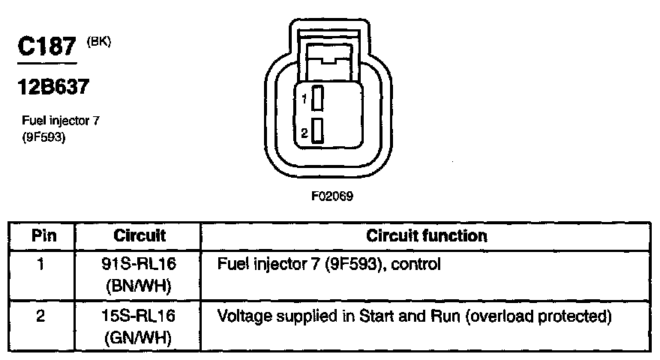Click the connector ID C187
[x=48, y=49]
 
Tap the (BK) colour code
[x=99, y=42]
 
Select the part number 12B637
[x=54, y=88]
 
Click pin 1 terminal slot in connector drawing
[x=318, y=98]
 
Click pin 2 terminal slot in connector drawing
[x=318, y=131]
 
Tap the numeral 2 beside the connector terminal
[x=304, y=133]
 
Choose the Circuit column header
[x=139, y=235]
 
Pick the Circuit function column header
[x=427, y=235]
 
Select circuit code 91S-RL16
[x=139, y=265]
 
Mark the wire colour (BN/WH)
[x=139, y=286]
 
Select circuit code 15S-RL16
[x=139, y=316]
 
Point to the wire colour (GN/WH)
[x=139, y=337]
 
